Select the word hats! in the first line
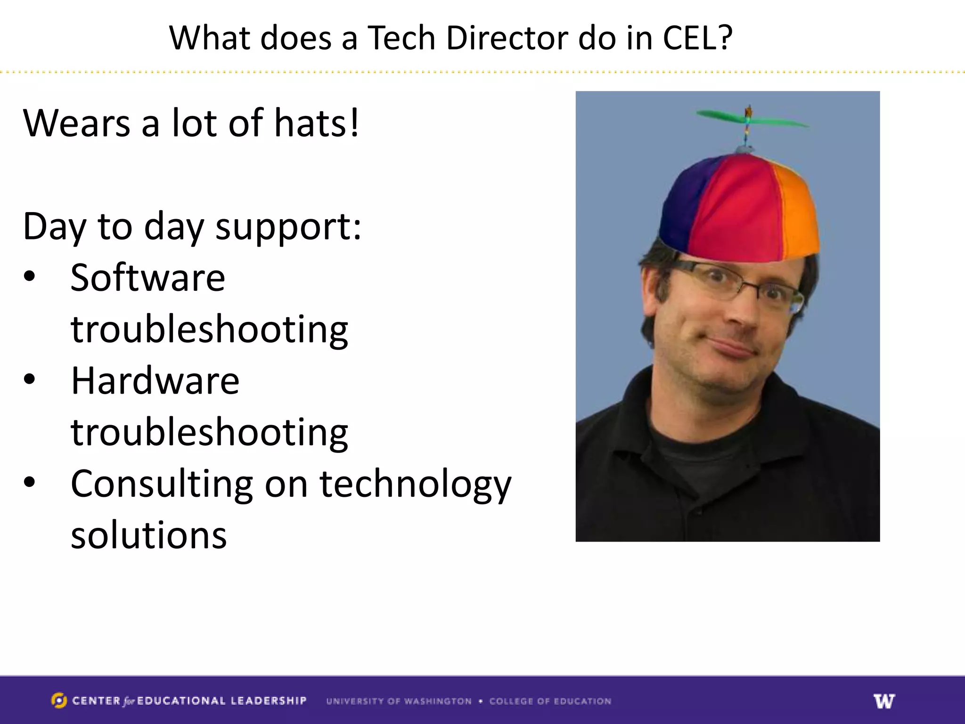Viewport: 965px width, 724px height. click(317, 123)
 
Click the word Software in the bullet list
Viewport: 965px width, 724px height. click(148, 278)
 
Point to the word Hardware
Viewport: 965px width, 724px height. click(155, 381)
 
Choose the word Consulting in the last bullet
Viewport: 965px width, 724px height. click(162, 484)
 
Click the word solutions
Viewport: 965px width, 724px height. click(149, 535)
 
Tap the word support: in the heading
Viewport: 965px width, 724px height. click(288, 227)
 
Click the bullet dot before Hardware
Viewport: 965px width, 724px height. click(30, 379)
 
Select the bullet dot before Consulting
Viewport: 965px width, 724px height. click(30, 482)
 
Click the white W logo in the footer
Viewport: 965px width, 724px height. click(884, 701)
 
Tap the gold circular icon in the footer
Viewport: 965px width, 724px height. click(59, 701)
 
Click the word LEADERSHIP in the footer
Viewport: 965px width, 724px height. click(269, 701)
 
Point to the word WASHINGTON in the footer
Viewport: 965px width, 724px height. click(437, 701)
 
